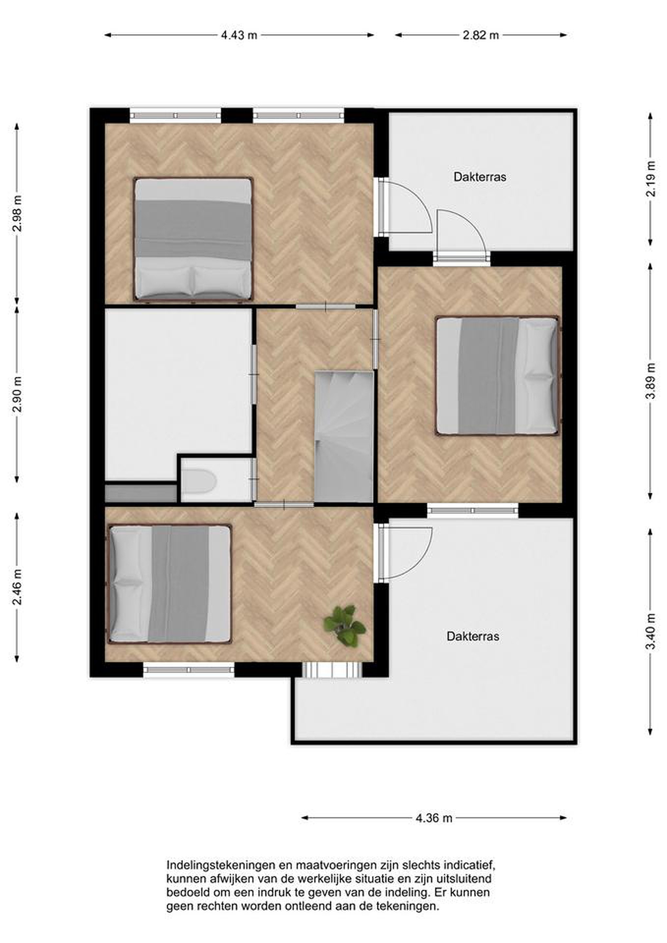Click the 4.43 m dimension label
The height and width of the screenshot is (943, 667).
click(x=239, y=35)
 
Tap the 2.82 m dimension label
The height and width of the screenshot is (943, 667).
click(x=481, y=35)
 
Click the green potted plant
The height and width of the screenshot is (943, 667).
click(x=344, y=625)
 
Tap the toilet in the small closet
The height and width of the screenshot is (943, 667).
click(x=198, y=481)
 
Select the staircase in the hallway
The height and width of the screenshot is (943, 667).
click(x=344, y=436)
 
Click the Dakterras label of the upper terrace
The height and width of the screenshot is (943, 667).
click(x=480, y=177)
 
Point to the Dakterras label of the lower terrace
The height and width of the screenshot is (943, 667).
click(x=473, y=636)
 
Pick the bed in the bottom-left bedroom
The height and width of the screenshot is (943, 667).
click(x=170, y=584)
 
